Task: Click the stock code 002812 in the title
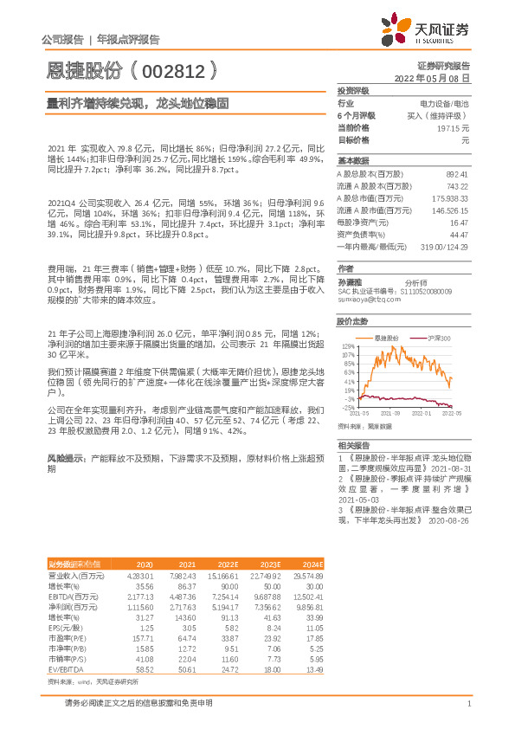172,71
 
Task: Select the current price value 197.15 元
452,127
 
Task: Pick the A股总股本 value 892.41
456,174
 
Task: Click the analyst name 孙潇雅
350,281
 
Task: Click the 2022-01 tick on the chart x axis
422,414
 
